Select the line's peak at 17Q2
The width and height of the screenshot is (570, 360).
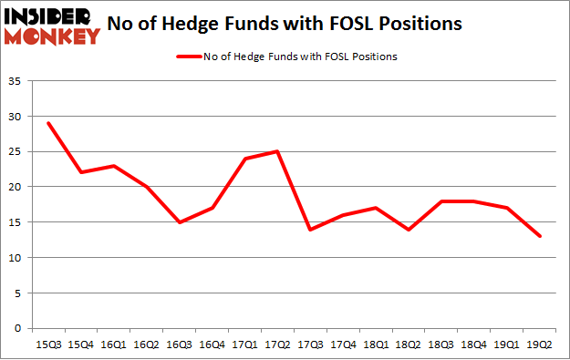point(277,151)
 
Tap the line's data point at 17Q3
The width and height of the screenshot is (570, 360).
point(310,229)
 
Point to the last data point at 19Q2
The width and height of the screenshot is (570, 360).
point(540,236)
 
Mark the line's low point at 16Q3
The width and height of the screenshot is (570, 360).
point(179,222)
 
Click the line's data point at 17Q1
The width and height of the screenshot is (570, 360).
point(244,159)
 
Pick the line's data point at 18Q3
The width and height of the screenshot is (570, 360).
point(441,201)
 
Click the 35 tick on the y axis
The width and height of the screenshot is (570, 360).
point(16,81)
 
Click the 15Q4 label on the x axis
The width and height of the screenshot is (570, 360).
point(80,345)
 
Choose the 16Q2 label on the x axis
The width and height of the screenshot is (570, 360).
point(146,345)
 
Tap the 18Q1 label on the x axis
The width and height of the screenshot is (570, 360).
point(376,345)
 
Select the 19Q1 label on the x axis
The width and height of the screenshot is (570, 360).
point(507,345)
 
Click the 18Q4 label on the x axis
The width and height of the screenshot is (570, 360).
point(474,345)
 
